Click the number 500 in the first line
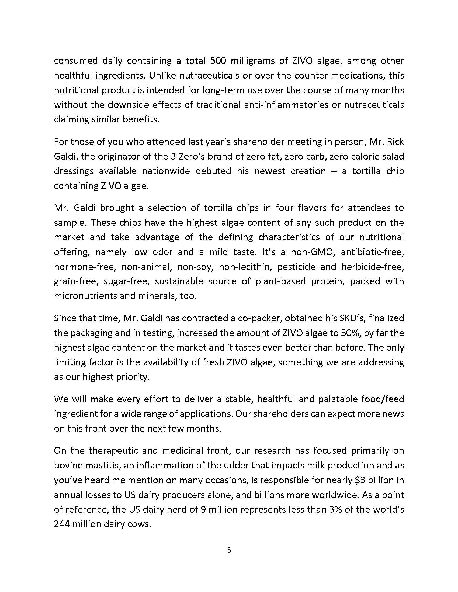[218, 61]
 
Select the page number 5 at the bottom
[229, 550]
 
